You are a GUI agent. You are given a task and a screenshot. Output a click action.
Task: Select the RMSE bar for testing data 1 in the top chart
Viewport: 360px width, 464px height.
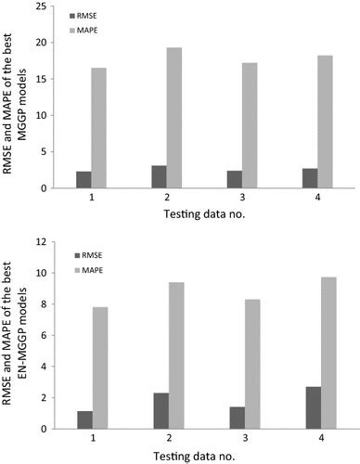click(84, 179)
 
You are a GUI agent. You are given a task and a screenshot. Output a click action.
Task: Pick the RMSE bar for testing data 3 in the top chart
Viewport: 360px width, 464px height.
click(233, 179)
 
